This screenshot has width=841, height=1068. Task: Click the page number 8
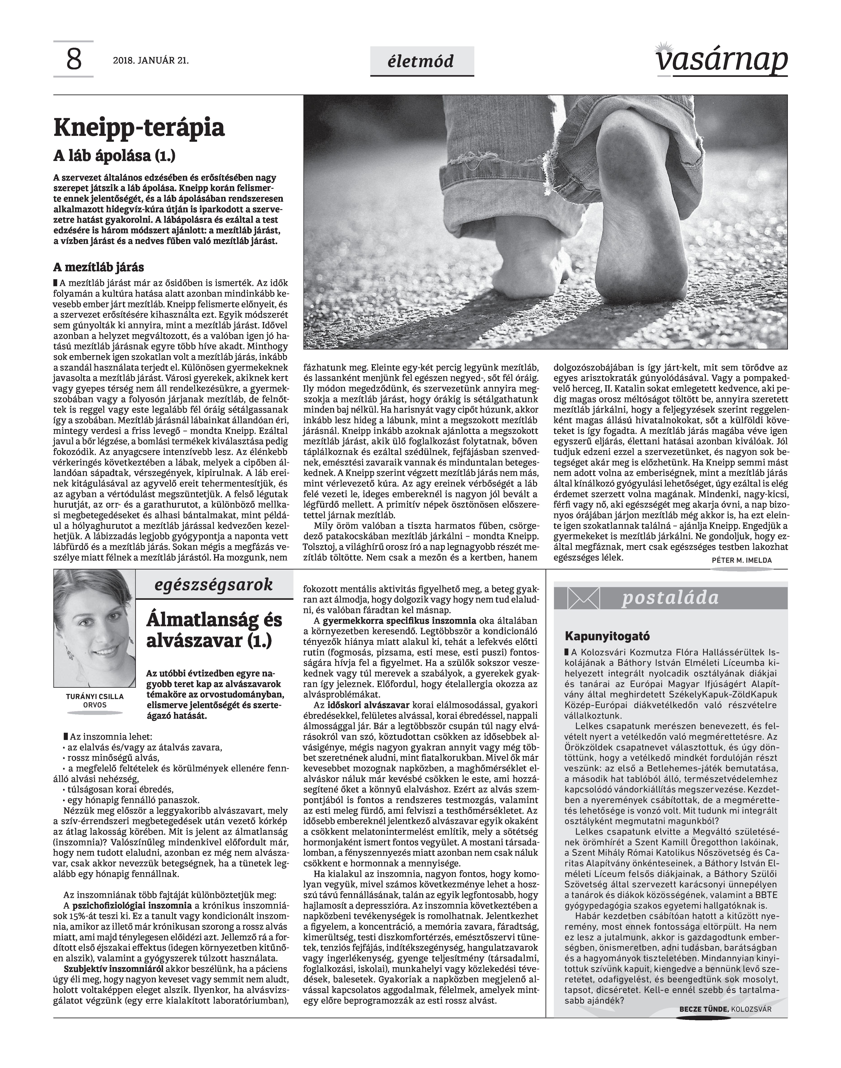pos(73,60)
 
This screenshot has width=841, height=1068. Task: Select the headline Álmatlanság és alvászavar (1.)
pos(214,631)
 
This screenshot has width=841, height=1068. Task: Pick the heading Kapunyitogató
pos(601,635)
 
